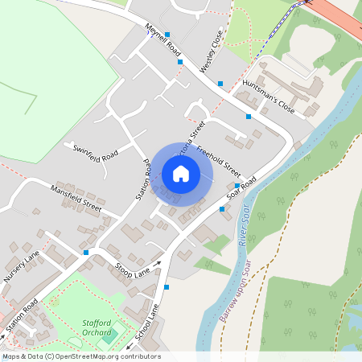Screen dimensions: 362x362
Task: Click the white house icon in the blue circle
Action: click(x=181, y=173)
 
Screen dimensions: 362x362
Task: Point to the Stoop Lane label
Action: click(x=133, y=268)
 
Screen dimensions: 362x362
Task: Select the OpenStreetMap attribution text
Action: click(x=81, y=356)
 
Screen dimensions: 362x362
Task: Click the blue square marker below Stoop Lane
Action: click(x=167, y=287)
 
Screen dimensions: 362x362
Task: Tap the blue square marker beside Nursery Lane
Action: click(x=85, y=253)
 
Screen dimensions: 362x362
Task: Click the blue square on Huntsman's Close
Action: click(x=249, y=117)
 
